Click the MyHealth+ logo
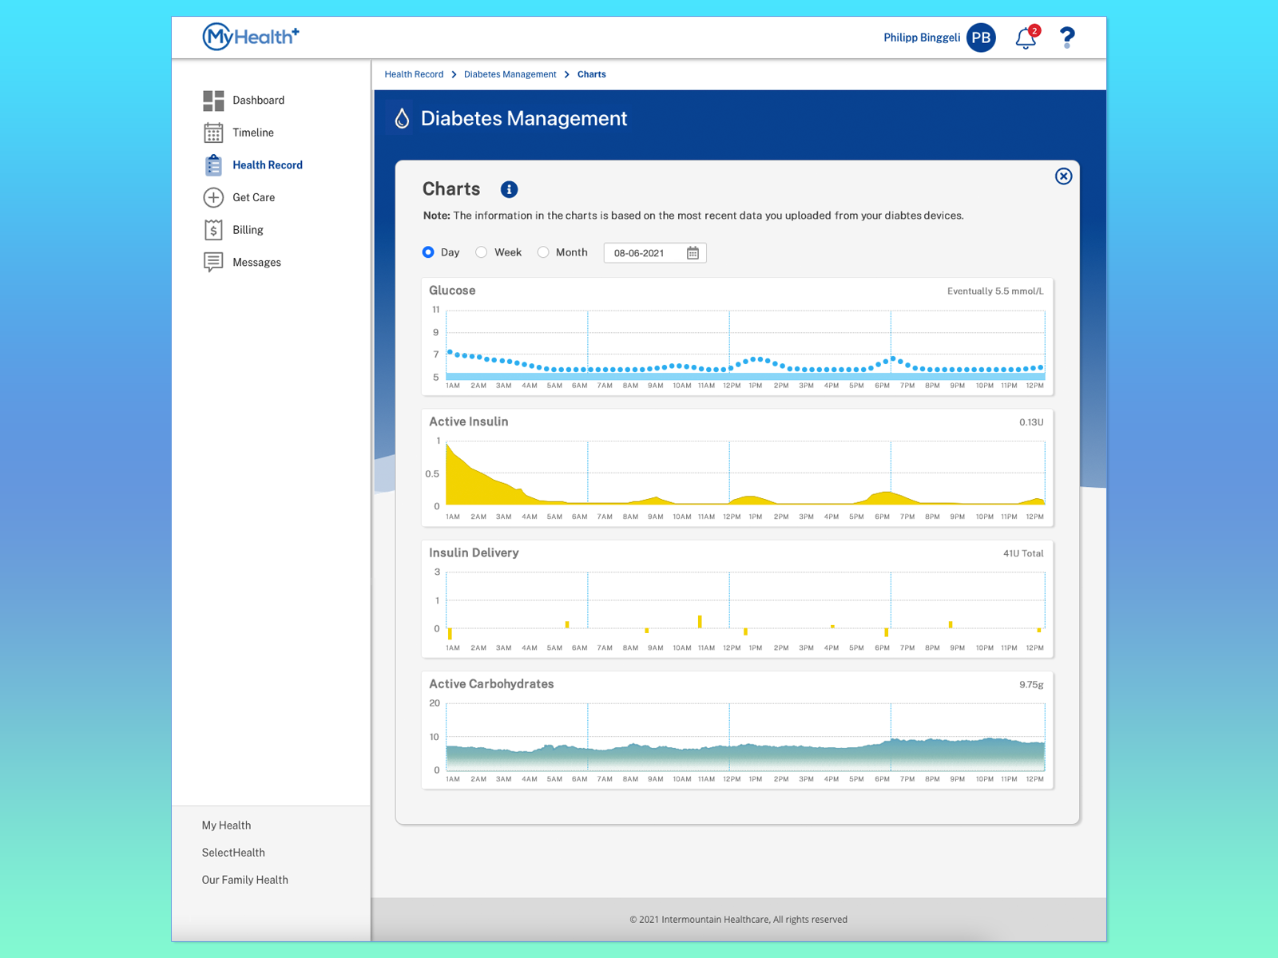[x=250, y=37]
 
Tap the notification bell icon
[x=1026, y=38]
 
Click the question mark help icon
[x=1067, y=38]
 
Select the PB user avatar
[x=981, y=38]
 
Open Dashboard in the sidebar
[x=258, y=101]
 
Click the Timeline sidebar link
[x=252, y=133]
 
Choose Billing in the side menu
[x=248, y=230]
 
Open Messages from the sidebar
[x=256, y=263]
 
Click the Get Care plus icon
[x=213, y=197]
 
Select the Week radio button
[x=482, y=252]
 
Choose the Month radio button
[x=543, y=252]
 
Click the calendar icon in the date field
[x=693, y=253]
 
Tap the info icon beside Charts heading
[x=509, y=189]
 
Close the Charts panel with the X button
[x=1063, y=176]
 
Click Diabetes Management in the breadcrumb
[x=510, y=74]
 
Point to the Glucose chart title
[x=452, y=291]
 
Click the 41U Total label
[x=1023, y=553]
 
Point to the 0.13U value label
[x=1031, y=422]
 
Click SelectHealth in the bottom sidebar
[x=233, y=853]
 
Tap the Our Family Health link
[x=244, y=880]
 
